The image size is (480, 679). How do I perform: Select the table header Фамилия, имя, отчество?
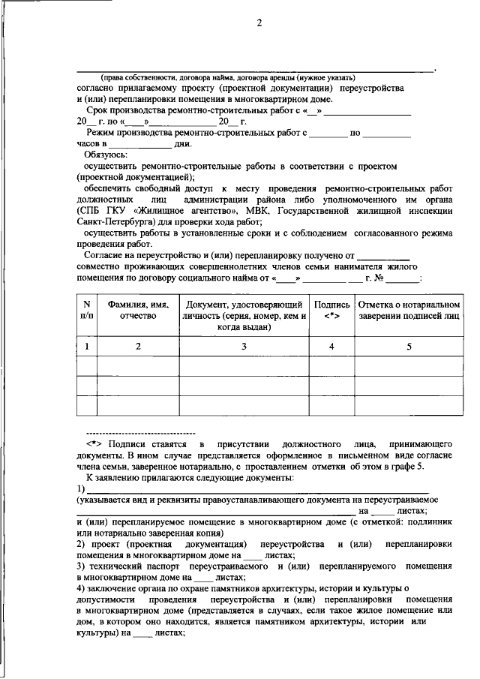pos(138,311)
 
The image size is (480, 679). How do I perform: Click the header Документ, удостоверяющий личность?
pos(244,316)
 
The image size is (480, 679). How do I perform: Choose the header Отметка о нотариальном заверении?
pos(409,311)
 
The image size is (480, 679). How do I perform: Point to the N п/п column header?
pos(86,311)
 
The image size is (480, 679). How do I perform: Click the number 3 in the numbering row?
pos(244,347)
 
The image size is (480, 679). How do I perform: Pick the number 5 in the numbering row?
pos(409,347)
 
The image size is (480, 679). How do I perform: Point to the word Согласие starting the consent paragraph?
pos(106,256)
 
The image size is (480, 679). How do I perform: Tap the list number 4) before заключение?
pos(81,589)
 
